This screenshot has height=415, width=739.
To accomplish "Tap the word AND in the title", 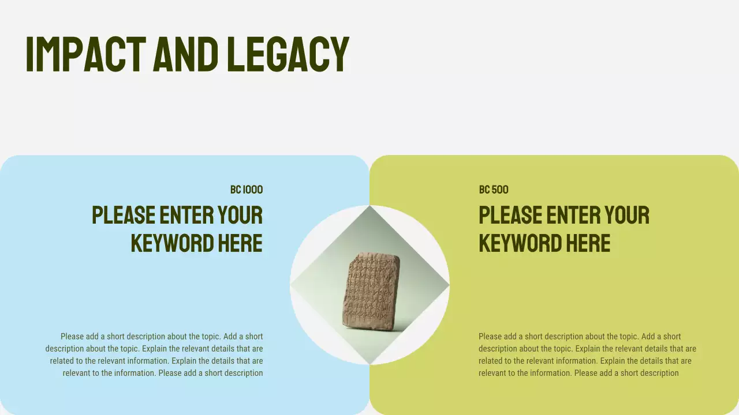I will [186, 54].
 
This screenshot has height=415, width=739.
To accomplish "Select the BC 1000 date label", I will [247, 190].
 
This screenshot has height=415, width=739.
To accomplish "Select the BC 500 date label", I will [494, 190].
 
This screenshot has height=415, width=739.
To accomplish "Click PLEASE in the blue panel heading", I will [124, 215].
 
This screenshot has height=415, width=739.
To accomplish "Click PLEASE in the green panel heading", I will [510, 215].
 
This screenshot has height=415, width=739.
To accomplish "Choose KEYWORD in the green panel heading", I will [512, 243].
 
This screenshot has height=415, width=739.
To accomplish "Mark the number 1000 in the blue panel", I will [253, 190].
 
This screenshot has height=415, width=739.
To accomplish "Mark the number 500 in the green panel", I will [500, 190].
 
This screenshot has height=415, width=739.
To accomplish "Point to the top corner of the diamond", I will [369, 207].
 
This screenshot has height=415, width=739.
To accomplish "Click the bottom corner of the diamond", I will [369, 364].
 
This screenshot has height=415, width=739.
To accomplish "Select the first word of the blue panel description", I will [72, 336].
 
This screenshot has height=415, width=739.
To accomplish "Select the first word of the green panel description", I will [490, 336].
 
